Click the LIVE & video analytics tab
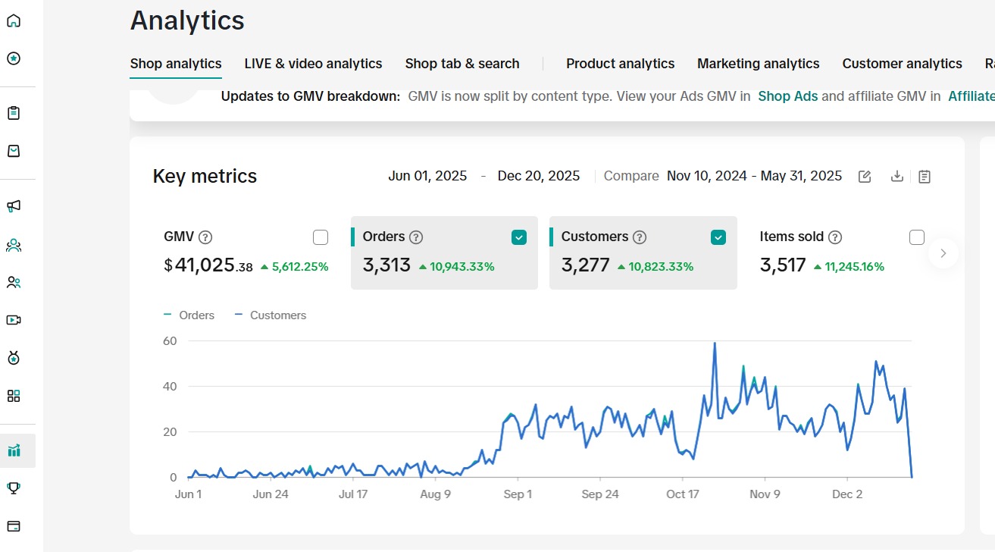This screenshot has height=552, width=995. [313, 64]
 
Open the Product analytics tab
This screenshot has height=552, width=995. [620, 64]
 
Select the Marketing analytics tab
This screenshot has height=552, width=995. [758, 64]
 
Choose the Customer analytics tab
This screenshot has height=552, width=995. [902, 64]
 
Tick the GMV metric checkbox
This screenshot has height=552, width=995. [321, 237]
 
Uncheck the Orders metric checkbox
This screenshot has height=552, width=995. [519, 237]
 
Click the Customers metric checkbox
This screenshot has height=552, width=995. [718, 237]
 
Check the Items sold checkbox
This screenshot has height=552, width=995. [917, 237]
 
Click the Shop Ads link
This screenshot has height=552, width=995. [787, 96]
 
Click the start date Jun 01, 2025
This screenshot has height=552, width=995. [427, 176]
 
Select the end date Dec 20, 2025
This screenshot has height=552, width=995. [538, 176]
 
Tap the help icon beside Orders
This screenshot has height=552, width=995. [416, 237]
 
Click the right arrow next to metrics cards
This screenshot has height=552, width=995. [943, 253]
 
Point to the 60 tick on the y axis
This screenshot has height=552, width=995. [169, 341]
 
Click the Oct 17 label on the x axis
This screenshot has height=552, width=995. [682, 494]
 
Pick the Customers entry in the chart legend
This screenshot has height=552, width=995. [277, 315]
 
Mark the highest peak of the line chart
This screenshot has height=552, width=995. [714, 343]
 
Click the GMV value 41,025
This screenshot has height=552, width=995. [205, 265]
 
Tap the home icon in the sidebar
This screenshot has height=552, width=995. [14, 20]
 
